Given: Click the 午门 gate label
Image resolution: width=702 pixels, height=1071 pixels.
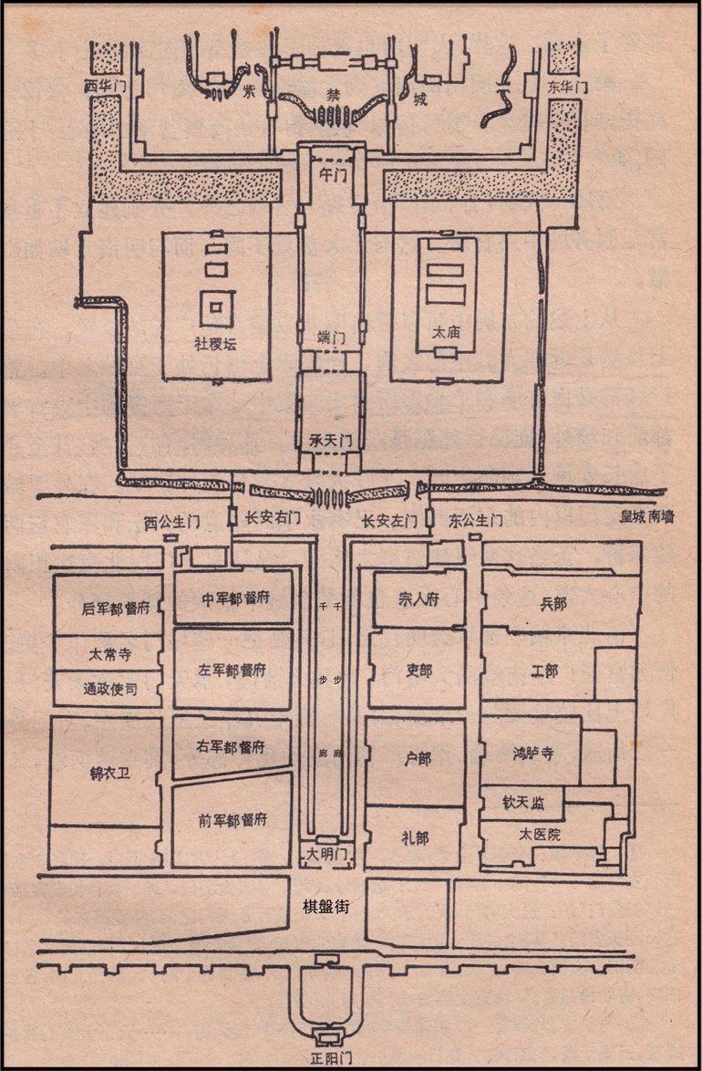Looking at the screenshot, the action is coord(330,169).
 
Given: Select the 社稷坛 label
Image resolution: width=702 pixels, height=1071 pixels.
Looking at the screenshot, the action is coord(217,344).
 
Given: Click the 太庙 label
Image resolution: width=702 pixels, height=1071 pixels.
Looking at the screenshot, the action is coord(447,334).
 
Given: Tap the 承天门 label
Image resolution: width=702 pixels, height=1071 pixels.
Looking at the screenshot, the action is coord(331,441).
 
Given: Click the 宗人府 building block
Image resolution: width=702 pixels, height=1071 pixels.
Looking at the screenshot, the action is coord(419,598).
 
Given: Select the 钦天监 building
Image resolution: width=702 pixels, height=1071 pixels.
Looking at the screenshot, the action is coord(522,803).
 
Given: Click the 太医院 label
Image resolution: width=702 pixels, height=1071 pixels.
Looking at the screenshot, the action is coord(540,834).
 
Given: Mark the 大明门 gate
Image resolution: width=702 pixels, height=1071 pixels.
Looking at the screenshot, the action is coord(330,856).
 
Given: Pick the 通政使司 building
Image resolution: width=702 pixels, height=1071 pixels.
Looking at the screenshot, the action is coord(108,689).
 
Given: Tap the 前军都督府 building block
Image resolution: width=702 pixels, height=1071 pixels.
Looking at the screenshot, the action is coord(232,819).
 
